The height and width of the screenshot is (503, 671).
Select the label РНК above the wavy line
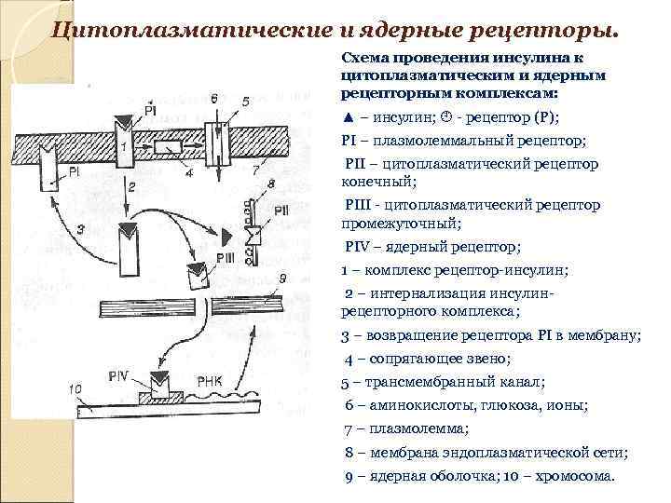pyautogui.click(x=209, y=378)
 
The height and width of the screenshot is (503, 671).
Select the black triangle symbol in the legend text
pyautogui.click(x=348, y=116)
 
